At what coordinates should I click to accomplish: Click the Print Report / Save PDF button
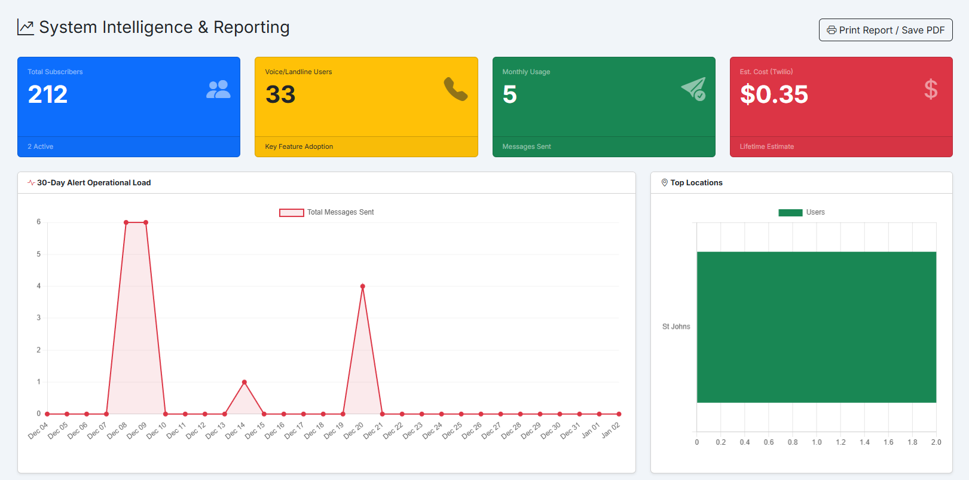point(885,30)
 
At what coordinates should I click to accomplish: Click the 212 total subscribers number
point(48,94)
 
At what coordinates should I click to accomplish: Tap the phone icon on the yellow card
point(456,89)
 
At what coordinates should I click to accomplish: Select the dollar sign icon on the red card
point(930,89)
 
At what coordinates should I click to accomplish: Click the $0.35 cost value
point(774,94)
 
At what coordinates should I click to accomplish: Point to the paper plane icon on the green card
point(693,89)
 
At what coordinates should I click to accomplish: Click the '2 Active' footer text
point(40,146)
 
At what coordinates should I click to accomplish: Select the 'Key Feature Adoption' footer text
point(299,146)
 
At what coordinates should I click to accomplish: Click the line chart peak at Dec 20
point(362,286)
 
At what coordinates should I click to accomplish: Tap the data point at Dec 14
point(244,382)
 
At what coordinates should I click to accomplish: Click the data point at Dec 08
point(126,222)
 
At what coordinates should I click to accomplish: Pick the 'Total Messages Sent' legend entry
point(327,212)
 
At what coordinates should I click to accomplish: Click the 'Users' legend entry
point(802,212)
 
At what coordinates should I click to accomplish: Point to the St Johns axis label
point(675,326)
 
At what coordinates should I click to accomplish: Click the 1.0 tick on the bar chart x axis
point(816,442)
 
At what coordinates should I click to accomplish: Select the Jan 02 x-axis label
point(611,430)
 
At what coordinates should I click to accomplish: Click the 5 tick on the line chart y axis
point(39,254)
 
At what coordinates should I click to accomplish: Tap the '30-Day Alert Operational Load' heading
point(93,183)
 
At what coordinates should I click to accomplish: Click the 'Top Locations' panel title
point(696,183)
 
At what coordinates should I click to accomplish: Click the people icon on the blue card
point(218,89)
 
